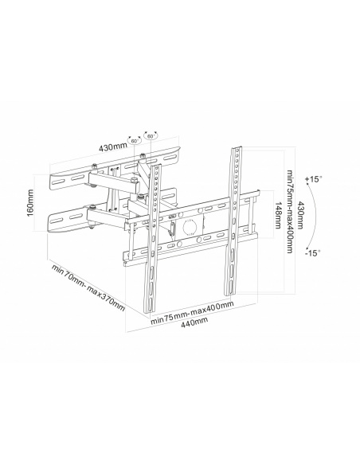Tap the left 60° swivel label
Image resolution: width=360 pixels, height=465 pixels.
135,140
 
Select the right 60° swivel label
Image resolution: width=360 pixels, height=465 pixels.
151,137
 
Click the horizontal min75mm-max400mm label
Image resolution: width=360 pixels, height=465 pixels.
194,311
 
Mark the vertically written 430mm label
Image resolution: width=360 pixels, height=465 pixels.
298,215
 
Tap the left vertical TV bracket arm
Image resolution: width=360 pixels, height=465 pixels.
149,239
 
